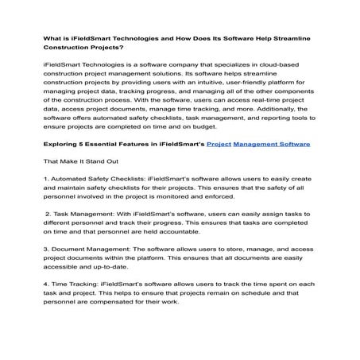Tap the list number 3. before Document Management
pyautogui.click(x=46, y=271)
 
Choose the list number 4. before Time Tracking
pyautogui.click(x=46, y=306)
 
